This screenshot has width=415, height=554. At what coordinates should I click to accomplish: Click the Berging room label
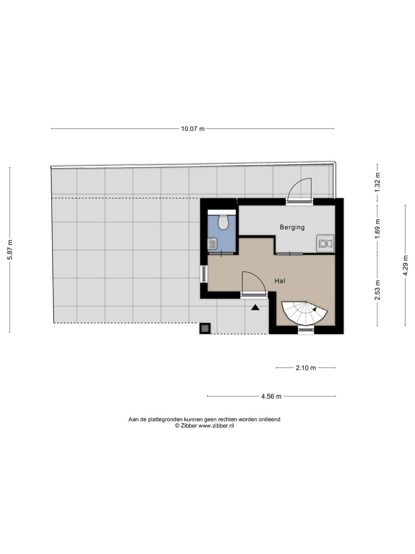click(x=292, y=227)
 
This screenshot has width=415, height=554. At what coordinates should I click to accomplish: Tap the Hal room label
click(x=280, y=281)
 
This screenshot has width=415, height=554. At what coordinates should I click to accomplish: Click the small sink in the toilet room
click(x=212, y=243)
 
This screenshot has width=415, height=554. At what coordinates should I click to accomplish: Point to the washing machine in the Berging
click(x=325, y=243)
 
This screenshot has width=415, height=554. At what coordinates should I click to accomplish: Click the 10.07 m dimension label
click(x=193, y=129)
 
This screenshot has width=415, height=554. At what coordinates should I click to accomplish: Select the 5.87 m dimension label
click(x=10, y=250)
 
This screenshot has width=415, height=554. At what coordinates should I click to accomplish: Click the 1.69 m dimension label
click(x=377, y=229)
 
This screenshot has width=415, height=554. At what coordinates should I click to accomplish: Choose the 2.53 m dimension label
click(x=377, y=290)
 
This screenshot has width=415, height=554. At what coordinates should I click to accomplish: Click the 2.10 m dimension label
click(x=306, y=368)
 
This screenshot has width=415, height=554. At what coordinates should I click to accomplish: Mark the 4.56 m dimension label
click(x=271, y=396)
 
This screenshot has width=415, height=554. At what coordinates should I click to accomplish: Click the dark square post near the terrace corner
click(x=205, y=328)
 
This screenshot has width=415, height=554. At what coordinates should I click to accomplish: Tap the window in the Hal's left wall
click(x=204, y=274)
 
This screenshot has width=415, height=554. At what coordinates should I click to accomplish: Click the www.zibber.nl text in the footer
click(x=216, y=426)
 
